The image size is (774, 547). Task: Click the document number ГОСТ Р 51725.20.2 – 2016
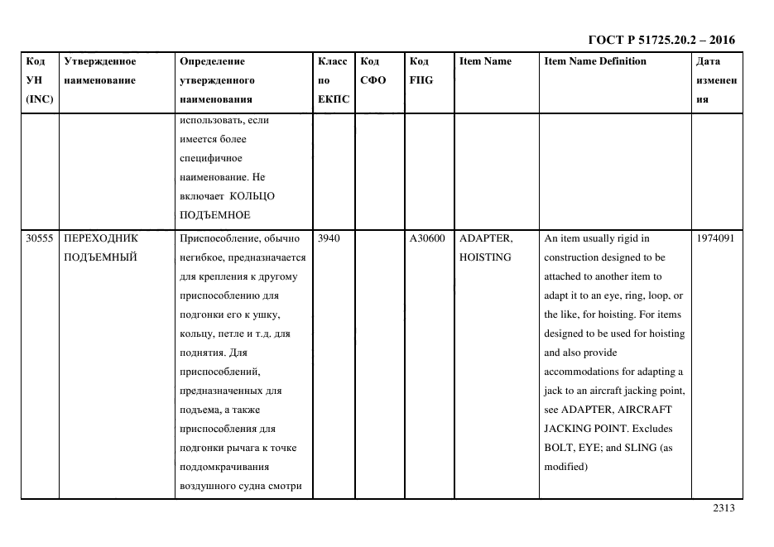coord(661,40)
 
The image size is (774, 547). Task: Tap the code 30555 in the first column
coord(40,238)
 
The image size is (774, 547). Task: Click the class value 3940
coord(328,238)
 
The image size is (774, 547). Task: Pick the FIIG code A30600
coord(427,238)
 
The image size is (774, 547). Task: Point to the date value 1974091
coord(715,238)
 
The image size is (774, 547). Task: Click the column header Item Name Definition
coord(595,61)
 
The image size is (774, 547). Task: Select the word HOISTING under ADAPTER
coord(485,257)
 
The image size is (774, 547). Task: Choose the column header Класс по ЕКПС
coord(334,80)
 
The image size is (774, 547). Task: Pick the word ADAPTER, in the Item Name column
coord(486,238)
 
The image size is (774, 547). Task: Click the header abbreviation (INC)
coord(40,99)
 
